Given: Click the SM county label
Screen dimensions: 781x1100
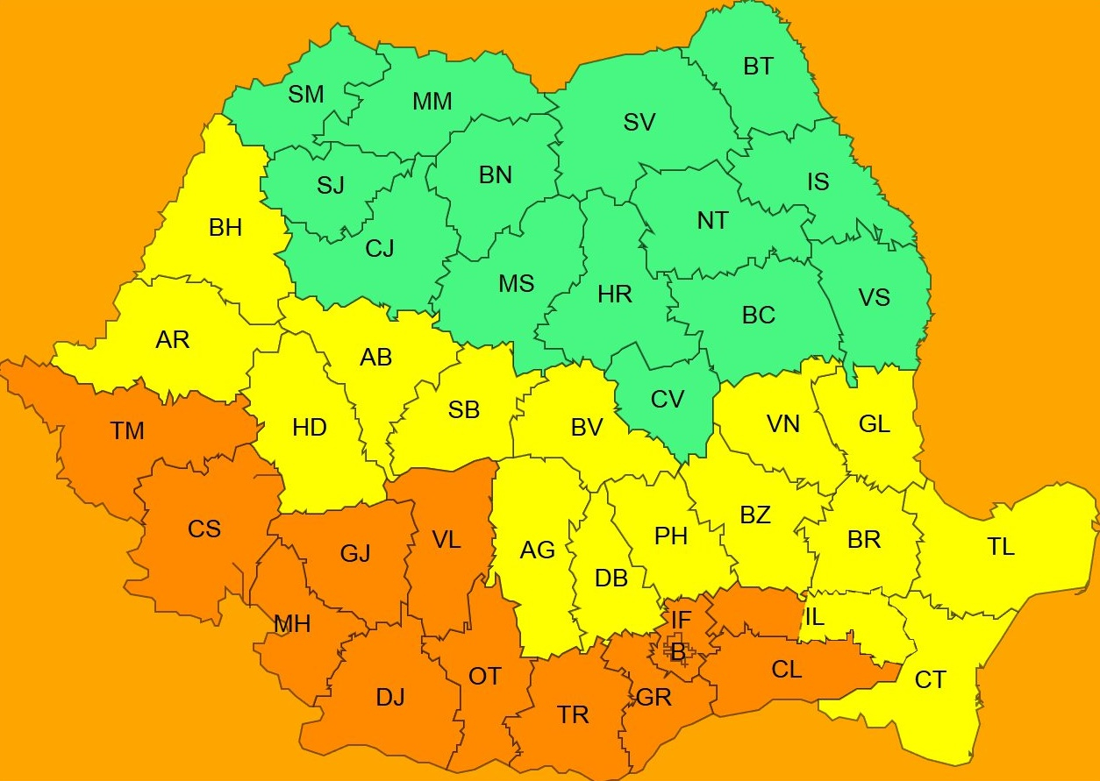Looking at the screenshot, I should (x=306, y=95).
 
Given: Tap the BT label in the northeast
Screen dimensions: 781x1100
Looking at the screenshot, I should (x=758, y=67).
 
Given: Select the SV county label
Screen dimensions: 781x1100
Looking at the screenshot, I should (x=639, y=123).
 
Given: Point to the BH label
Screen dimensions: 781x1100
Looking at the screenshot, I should (x=225, y=229).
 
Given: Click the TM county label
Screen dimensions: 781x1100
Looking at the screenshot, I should (x=127, y=431).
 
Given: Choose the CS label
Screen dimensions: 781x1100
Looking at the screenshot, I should (x=204, y=529).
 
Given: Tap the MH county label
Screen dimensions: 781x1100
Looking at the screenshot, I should (x=292, y=624).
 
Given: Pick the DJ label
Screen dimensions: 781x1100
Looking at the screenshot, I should (x=390, y=698).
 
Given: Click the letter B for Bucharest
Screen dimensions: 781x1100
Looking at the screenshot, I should (x=677, y=652).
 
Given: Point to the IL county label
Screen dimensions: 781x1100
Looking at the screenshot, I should (x=814, y=617).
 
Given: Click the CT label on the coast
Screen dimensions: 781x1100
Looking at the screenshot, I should (x=930, y=680).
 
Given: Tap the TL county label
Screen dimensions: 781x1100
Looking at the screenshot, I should (x=1001, y=547).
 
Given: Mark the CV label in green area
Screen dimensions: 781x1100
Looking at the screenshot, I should (x=668, y=400).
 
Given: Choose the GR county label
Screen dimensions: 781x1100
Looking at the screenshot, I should (x=654, y=698).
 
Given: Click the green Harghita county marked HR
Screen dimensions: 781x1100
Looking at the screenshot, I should (x=615, y=295).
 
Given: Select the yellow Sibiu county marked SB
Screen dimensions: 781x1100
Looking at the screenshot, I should (x=464, y=409).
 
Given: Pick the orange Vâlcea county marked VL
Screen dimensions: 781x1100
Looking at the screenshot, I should (x=446, y=540).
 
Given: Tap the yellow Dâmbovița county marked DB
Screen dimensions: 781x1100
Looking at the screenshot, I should (x=611, y=579).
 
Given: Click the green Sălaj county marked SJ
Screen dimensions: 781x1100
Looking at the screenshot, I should (x=331, y=186).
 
